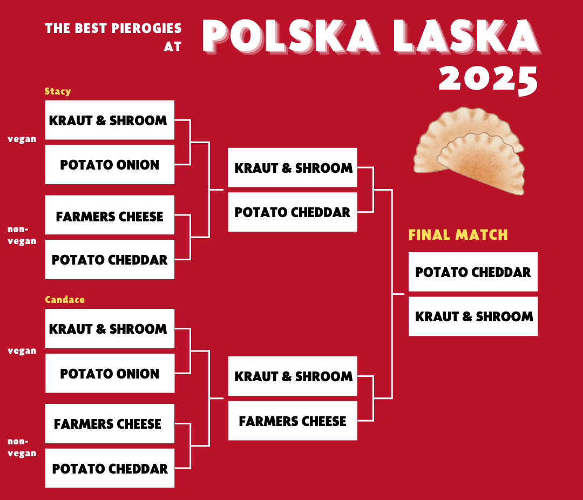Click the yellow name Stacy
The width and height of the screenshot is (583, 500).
[x=58, y=91]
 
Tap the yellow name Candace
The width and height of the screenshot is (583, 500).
[x=65, y=300]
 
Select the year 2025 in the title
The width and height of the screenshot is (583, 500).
[x=488, y=79]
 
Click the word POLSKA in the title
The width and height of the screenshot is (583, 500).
[x=290, y=37]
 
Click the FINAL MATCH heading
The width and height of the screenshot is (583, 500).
[x=458, y=235]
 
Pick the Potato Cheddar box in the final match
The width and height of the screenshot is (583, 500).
[x=473, y=272]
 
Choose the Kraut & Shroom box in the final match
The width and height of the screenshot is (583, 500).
[x=473, y=316]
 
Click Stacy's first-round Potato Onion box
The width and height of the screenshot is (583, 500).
[x=110, y=165]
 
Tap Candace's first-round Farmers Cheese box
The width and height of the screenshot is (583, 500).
[x=110, y=423]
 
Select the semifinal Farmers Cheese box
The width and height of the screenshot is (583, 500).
[x=293, y=421]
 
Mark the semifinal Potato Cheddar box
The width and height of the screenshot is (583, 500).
[x=293, y=212]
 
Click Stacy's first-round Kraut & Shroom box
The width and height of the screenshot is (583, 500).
[x=110, y=120]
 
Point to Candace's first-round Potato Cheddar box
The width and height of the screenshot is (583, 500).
[x=110, y=468]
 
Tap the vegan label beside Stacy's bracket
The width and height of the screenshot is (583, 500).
[x=22, y=139]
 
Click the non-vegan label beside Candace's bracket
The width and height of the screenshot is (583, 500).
[x=22, y=447]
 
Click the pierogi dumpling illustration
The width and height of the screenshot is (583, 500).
[x=469, y=151]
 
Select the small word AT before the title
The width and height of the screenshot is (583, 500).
[x=173, y=46]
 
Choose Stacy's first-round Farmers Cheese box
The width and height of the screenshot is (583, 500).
[x=110, y=215]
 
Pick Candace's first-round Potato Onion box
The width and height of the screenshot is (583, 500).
[x=110, y=373]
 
